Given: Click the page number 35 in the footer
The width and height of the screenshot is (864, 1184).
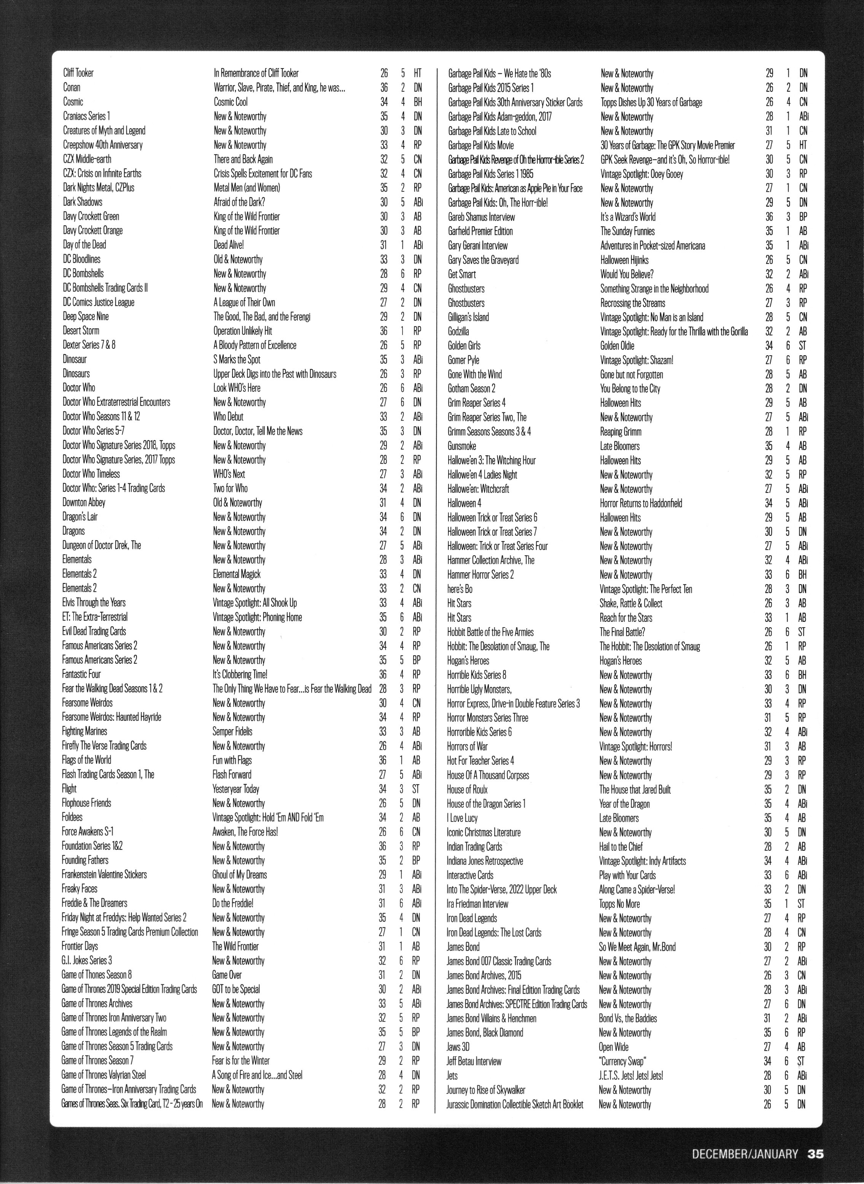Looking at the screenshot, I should (815, 1153).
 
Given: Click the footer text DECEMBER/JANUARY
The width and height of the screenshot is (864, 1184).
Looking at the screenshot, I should (745, 1154).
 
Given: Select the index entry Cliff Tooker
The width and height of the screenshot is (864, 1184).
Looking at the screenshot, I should (78, 73).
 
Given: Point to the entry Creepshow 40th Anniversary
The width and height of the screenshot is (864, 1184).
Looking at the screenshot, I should (102, 145).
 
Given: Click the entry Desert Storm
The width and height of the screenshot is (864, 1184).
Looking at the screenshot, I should (81, 331).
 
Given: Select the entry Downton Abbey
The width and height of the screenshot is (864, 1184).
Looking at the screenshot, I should (84, 502).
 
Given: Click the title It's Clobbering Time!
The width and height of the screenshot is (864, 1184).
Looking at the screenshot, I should (240, 674).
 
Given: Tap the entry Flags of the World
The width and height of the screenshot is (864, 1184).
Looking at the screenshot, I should (87, 760).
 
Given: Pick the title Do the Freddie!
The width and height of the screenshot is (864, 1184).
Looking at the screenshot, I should (233, 903).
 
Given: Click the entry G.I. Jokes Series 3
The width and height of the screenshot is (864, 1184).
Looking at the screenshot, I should (87, 960).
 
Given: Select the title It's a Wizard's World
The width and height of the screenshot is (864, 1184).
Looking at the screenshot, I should (628, 217).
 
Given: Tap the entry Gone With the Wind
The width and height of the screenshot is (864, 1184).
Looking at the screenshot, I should (475, 374).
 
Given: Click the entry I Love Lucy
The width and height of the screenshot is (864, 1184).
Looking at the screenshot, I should (462, 818).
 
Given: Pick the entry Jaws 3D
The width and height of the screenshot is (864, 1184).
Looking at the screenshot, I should (458, 1047).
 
